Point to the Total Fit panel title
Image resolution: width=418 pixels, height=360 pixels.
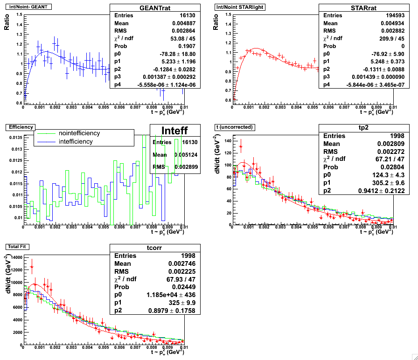pos(17,246)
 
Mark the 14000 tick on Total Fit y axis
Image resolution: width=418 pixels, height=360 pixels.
pos(14,257)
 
